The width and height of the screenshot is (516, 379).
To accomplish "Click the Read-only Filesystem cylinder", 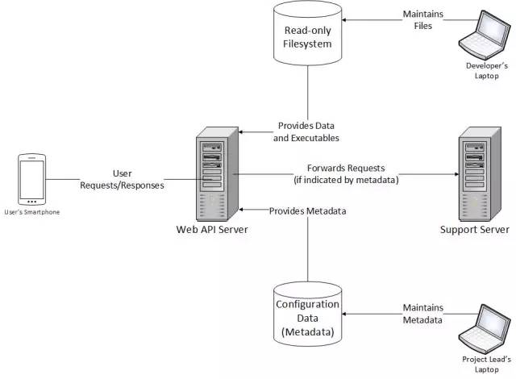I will pyautogui.click(x=306, y=36).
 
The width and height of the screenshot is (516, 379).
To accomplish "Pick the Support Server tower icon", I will pyautogui.click(x=475, y=175).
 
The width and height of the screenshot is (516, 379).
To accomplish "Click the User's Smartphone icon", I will pyautogui.click(x=31, y=180).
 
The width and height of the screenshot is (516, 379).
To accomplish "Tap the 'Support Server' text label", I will pyautogui.click(x=474, y=230).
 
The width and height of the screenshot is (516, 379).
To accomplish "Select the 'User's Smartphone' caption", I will pyautogui.click(x=31, y=211).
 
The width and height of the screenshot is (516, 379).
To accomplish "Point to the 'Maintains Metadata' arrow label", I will pyautogui.click(x=422, y=314).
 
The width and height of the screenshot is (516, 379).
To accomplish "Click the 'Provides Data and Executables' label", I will pyautogui.click(x=307, y=131).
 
